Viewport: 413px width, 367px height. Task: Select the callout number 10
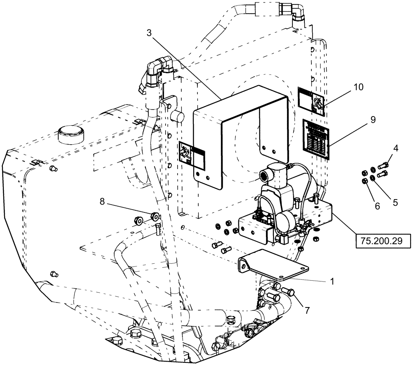(x=358, y=87)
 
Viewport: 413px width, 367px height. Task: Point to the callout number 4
(x=395, y=148)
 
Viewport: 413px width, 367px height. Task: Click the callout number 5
(x=395, y=203)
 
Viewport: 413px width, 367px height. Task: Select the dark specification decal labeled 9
(x=316, y=139)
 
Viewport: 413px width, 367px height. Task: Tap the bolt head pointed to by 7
(x=289, y=291)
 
